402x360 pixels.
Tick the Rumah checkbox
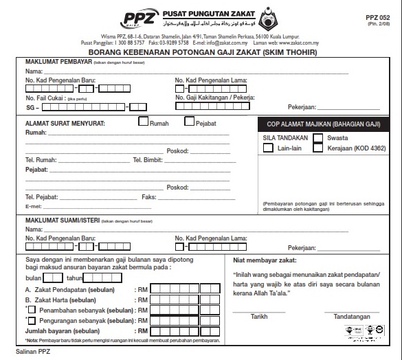pos(144,122)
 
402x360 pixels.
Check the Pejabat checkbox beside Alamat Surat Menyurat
pos(190,122)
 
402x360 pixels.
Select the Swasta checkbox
pos(318,137)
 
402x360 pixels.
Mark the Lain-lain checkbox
pos(268,148)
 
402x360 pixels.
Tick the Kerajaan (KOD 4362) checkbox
pos(318,148)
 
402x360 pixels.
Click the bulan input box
pos(53,278)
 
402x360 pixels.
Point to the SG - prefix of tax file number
pos(32,106)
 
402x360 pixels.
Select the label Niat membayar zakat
pos(265,260)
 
